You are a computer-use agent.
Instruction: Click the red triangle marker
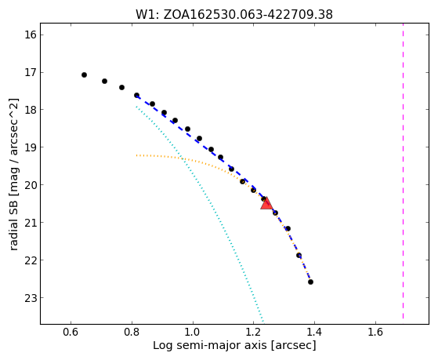pyautogui.click(x=266, y=203)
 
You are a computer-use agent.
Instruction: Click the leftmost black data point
pyautogui.click(x=84, y=75)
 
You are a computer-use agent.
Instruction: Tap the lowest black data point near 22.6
pyautogui.click(x=310, y=282)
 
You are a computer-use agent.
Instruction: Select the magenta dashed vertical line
pyautogui.click(x=403, y=171)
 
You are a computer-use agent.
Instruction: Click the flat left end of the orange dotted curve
pyautogui.click(x=136, y=155)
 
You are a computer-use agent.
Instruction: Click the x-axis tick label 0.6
pyautogui.click(x=71, y=332)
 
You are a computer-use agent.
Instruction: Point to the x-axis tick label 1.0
pyautogui.click(x=193, y=332)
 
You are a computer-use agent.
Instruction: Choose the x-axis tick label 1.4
pyautogui.click(x=314, y=332)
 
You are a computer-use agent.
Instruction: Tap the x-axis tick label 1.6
pyautogui.click(x=375, y=332)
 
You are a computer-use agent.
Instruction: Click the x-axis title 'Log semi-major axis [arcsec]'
pyautogui.click(x=234, y=345)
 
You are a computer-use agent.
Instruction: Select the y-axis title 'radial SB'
pyautogui.click(x=13, y=229)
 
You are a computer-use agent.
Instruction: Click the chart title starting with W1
pyautogui.click(x=234, y=15)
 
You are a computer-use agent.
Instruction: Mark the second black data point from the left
pyautogui.click(x=104, y=81)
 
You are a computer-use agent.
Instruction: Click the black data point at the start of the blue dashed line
pyautogui.click(x=136, y=96)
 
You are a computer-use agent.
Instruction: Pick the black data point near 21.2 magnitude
pyautogui.click(x=288, y=228)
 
